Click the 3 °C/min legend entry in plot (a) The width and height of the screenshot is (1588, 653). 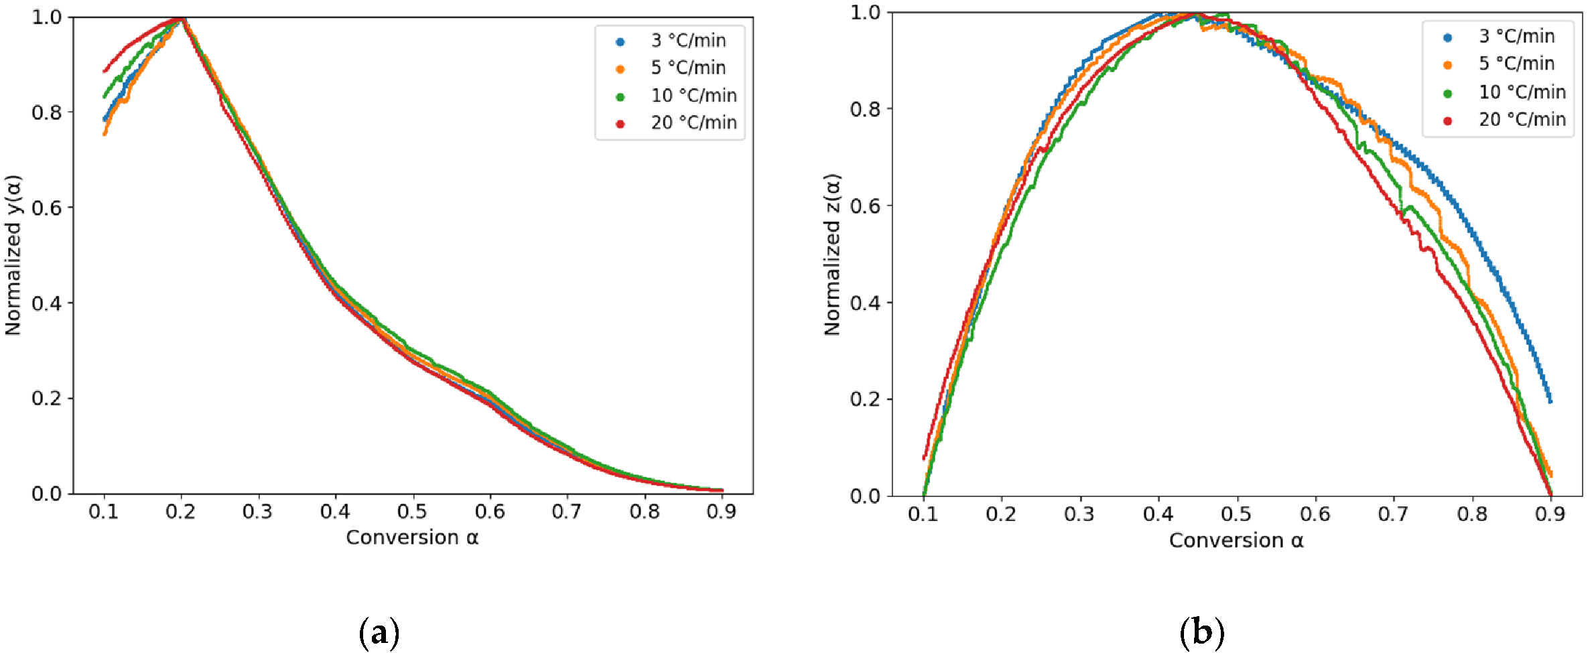(687, 41)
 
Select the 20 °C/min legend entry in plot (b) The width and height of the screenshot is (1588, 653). (1522, 120)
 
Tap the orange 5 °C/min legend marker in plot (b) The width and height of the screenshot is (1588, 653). (1447, 65)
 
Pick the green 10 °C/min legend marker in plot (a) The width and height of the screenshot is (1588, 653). (620, 97)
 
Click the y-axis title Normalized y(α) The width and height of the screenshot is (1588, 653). (13, 255)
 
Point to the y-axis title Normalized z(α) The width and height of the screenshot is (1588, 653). (832, 255)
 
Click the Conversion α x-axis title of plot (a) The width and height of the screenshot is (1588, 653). (412, 538)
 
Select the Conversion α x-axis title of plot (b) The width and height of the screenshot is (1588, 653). (1236, 540)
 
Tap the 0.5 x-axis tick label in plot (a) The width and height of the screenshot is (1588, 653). (412, 512)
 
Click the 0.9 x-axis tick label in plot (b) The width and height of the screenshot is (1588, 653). (1550, 514)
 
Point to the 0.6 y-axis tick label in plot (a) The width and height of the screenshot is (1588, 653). (46, 208)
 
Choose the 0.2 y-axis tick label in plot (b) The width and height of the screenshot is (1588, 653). (865, 400)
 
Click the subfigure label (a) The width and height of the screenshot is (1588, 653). (379, 632)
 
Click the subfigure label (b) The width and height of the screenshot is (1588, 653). (1202, 632)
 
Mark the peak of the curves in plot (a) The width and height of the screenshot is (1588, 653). (182, 19)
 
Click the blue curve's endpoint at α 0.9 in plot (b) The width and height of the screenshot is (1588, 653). (1550, 401)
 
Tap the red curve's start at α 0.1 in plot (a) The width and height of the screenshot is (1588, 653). (105, 70)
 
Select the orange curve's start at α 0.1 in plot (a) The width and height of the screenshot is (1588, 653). (105, 133)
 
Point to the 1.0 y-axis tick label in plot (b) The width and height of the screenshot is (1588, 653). (865, 13)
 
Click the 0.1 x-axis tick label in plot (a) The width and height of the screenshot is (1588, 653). (103, 512)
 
